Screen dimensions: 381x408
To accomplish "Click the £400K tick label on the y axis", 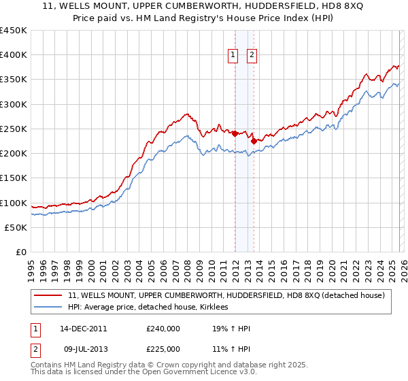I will click(14, 55).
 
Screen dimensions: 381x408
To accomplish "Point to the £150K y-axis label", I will click(14, 178).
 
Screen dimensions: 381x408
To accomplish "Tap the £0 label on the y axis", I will click(22, 252).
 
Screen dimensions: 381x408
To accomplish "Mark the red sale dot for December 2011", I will click(235, 134).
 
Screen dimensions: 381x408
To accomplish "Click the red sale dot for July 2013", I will click(254, 142).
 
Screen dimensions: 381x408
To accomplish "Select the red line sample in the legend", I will click(50, 295).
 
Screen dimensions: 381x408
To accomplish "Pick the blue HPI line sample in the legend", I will click(50, 308).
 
